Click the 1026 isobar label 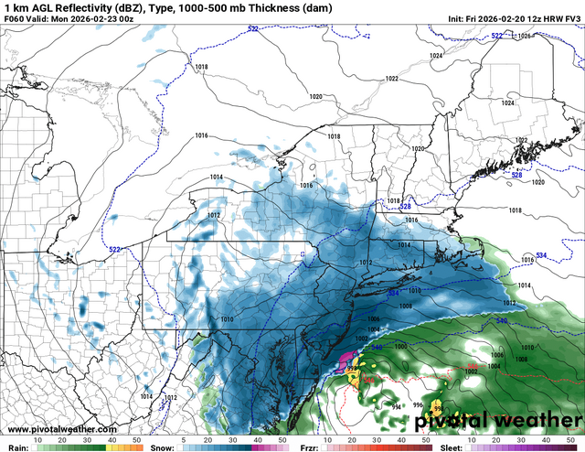(523, 37)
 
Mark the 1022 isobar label (391, 79)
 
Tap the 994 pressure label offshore (397, 404)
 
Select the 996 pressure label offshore (417, 404)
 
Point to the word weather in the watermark (530, 422)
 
